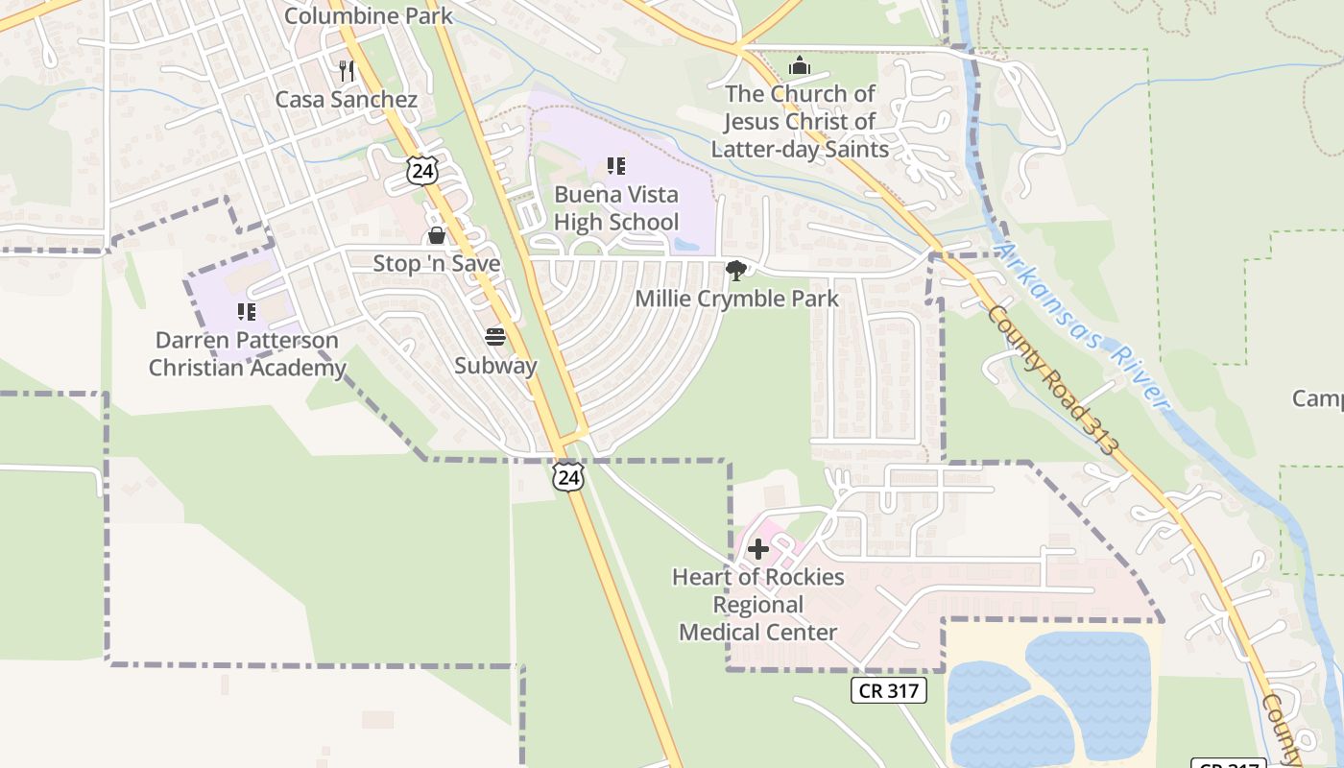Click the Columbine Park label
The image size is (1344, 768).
point(369,15)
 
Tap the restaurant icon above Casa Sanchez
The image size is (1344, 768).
point(347,70)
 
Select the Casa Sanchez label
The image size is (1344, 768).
point(347,100)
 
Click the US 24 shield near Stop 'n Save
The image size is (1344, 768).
point(421,170)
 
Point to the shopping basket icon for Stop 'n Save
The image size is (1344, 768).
point(437,235)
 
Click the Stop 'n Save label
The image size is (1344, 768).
point(437,264)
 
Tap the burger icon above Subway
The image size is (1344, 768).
point(495,337)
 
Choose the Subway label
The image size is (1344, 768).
point(495,366)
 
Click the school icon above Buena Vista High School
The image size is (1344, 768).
point(616,166)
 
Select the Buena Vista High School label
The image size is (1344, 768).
point(616,208)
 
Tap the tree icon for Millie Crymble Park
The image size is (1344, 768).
point(736,270)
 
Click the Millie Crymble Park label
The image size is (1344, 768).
point(737,299)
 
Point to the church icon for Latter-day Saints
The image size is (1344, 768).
point(799,66)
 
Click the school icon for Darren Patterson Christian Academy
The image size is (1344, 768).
point(247,312)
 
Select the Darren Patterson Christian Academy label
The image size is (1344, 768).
point(247,354)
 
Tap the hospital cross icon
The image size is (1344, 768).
point(758,549)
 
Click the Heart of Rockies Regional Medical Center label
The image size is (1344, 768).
point(758,605)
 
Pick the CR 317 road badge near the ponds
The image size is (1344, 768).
point(888,689)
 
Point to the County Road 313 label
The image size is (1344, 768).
point(1053,381)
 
